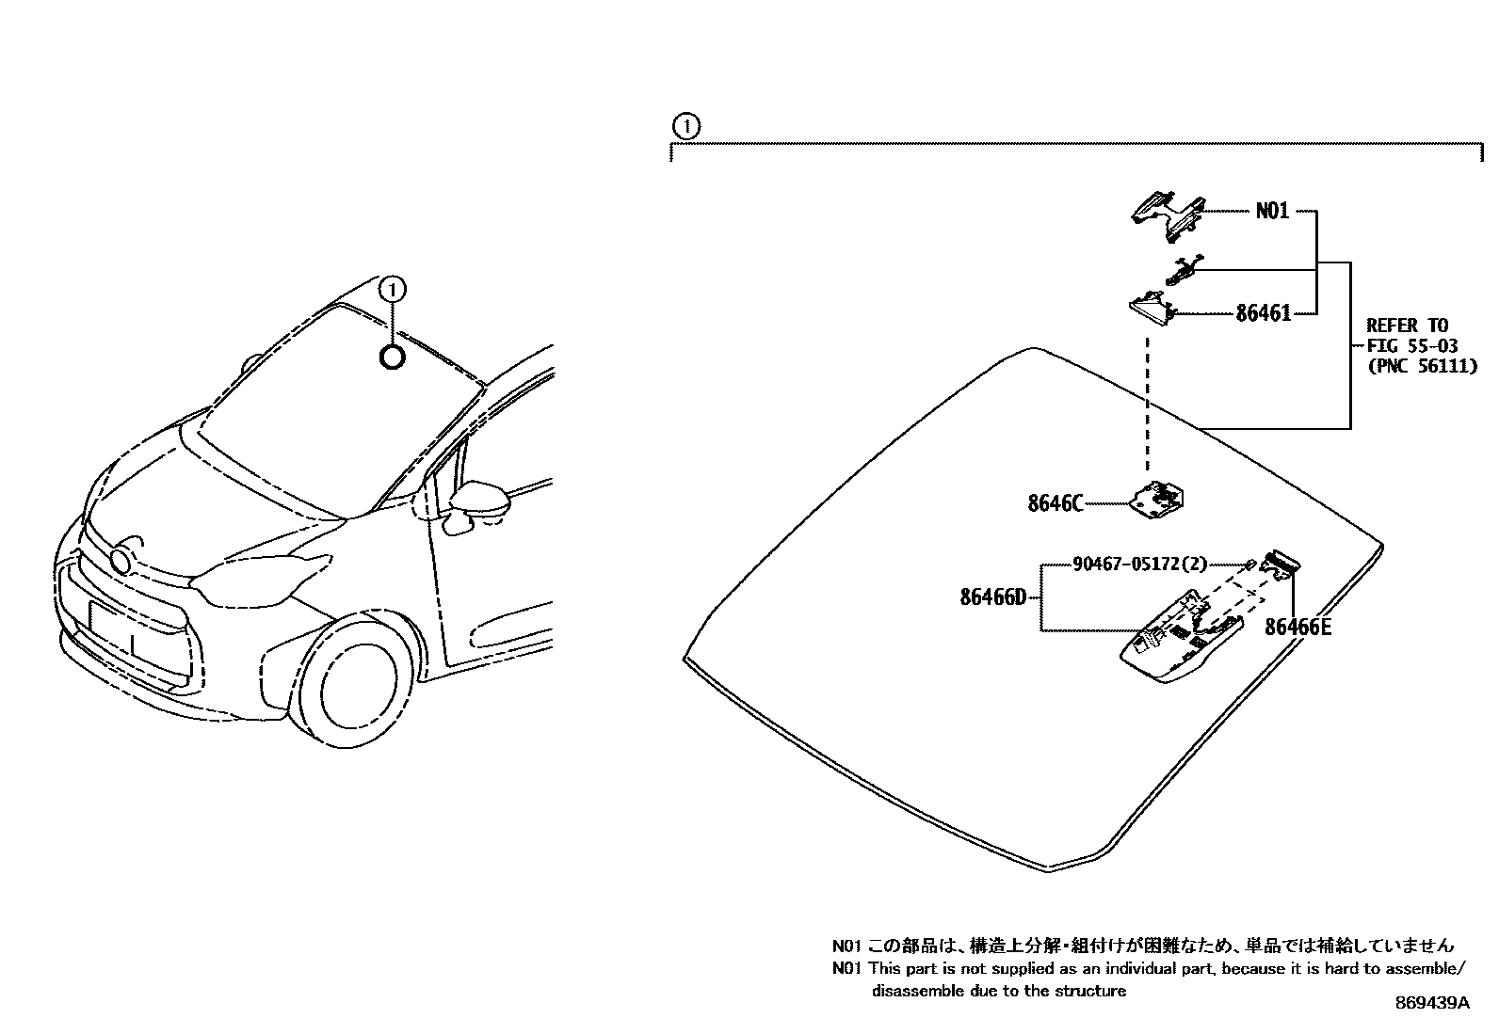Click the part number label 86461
[x=1263, y=313]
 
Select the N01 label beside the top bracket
[x=1272, y=212]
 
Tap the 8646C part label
[x=1055, y=503]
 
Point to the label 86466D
[x=992, y=597]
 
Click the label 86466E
[x=1298, y=627]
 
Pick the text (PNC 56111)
[x=1421, y=367]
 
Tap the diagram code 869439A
[x=1431, y=1003]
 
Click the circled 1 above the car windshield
[x=393, y=289]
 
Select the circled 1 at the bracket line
[x=686, y=126]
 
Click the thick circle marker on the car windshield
[x=393, y=357]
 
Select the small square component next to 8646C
[x=1158, y=498]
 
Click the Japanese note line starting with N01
[x=1141, y=945]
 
